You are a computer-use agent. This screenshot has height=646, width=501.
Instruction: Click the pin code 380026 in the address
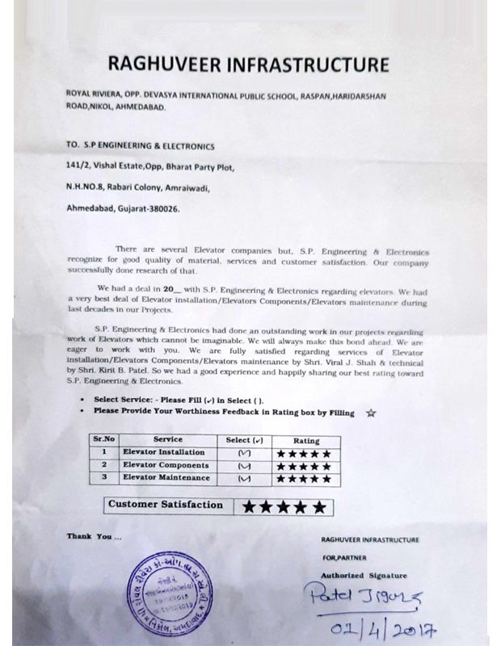pos(160,208)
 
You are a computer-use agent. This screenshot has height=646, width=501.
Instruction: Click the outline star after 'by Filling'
pos(371,413)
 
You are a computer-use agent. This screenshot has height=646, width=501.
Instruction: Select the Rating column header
pos(306,441)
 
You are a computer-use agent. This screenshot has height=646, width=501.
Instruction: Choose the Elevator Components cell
pos(165,465)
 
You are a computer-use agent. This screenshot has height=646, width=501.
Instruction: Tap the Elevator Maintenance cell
pos(166,478)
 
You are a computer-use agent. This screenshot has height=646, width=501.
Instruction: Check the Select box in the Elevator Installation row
pos(245,453)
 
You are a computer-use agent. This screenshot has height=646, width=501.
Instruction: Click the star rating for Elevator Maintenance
pos(304,479)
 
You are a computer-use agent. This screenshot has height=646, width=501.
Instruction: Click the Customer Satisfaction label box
pos(165,505)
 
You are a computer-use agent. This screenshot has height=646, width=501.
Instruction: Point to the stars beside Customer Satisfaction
pos(284,507)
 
